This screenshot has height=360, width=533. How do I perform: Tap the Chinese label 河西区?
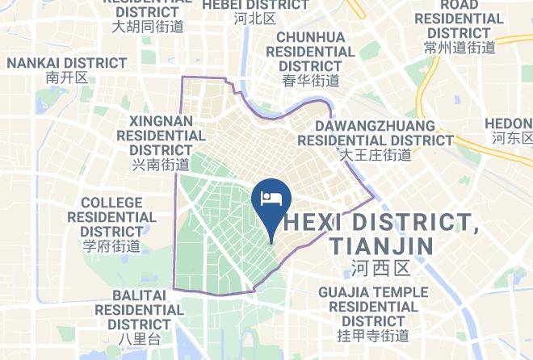tap(382, 266)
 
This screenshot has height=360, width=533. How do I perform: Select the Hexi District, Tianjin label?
tap(381, 232)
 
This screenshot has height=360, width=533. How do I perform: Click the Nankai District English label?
tap(67, 62)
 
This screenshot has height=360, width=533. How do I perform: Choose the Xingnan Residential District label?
tap(160, 135)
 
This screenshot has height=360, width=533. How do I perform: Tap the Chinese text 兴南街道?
tap(160, 165)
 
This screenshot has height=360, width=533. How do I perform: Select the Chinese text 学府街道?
tap(111, 246)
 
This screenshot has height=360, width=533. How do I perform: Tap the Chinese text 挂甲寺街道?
tap(373, 335)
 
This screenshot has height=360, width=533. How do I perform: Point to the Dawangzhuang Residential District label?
tap(375, 133)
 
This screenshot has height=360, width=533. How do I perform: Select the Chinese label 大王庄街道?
tap(375, 154)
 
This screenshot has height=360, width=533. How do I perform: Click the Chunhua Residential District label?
tap(311, 51)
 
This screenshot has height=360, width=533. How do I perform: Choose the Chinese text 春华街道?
tap(311, 80)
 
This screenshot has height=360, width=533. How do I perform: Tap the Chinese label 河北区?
tap(254, 18)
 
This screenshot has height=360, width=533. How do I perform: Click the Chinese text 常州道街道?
tap(460, 48)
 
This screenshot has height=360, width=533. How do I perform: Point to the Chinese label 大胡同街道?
tap(148, 26)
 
